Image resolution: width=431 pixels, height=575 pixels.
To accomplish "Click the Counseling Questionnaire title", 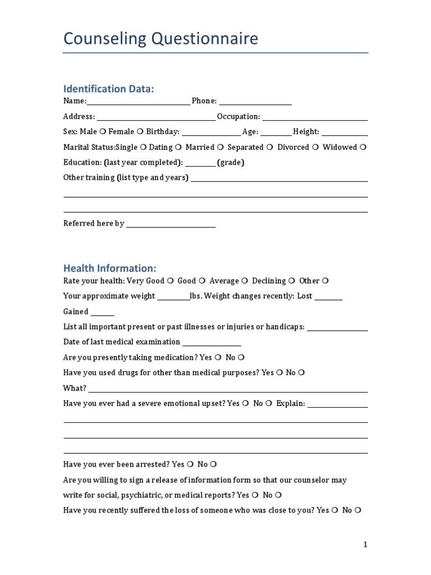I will [x=161, y=39].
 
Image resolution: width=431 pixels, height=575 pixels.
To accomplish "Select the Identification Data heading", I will [x=108, y=89].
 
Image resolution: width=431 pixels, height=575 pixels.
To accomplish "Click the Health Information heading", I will [x=109, y=268].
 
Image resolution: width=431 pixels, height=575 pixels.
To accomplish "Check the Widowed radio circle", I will [x=363, y=147].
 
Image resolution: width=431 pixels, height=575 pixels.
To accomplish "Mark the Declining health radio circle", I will [x=292, y=281].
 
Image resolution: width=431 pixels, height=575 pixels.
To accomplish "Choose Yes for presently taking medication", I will [x=218, y=357].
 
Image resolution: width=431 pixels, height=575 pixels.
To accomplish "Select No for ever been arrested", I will [x=214, y=464].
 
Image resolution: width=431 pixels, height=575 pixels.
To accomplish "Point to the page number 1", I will [x=365, y=544].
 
